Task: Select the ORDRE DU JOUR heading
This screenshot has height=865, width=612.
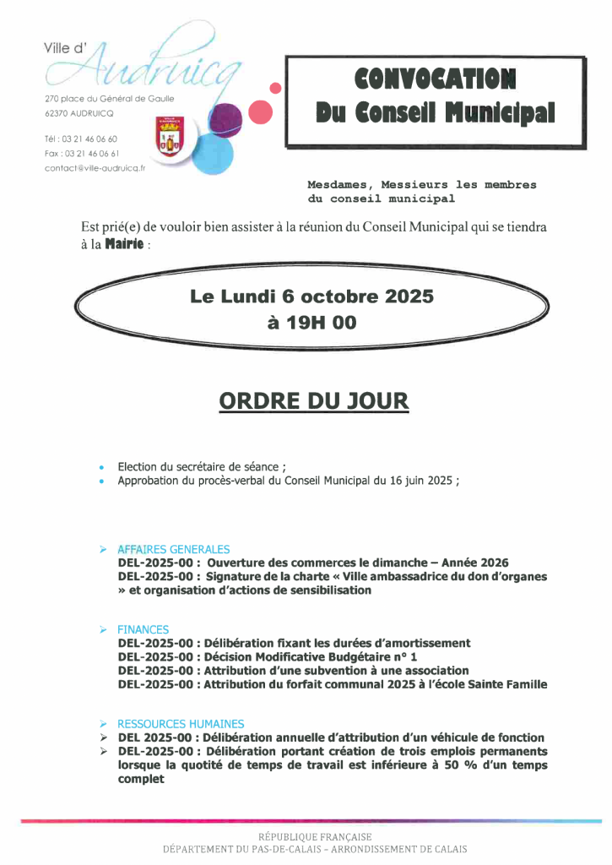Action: click(x=313, y=400)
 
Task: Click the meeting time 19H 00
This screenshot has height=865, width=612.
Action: click(x=311, y=322)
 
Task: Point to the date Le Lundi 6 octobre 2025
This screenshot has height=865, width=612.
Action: click(x=311, y=296)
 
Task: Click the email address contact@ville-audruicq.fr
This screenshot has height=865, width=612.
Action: click(x=95, y=168)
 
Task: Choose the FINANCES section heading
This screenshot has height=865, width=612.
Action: click(x=143, y=629)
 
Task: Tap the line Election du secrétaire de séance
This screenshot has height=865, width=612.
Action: click(x=201, y=466)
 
